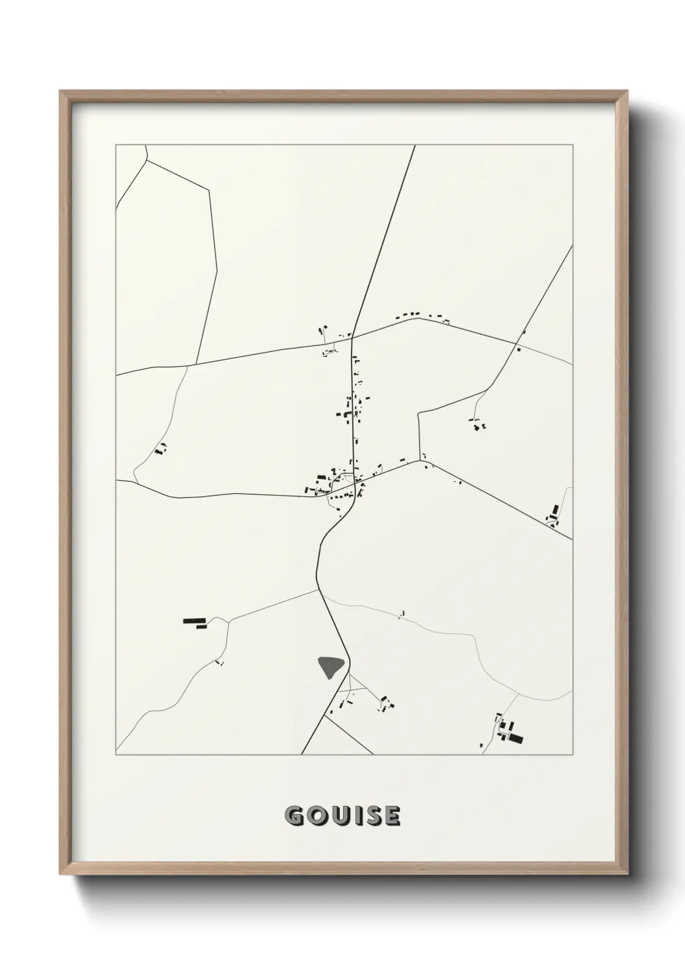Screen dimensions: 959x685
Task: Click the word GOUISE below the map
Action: coord(342,816)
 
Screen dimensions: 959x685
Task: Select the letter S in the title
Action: coord(372,816)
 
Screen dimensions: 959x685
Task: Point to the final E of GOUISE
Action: coord(391,816)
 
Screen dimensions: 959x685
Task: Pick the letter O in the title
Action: coord(315,816)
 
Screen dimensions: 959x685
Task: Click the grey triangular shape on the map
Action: coord(330,665)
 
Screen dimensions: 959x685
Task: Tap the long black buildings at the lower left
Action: coord(194,623)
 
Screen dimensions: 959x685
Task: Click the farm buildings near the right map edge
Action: coord(554,514)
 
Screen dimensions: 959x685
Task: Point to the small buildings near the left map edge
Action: coord(161,448)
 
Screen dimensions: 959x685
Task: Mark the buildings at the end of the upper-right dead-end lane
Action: coord(478,426)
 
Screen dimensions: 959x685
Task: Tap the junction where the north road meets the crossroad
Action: coord(352,337)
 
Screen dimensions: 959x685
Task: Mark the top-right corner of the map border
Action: coord(572,145)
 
